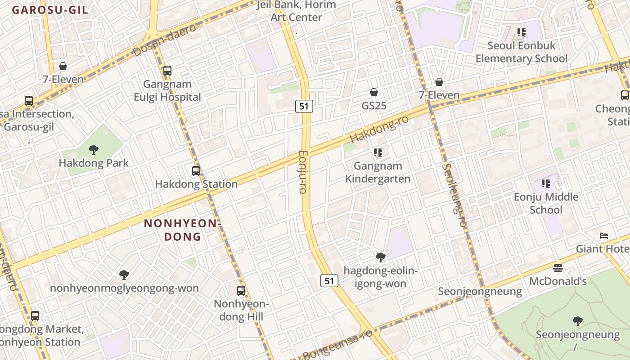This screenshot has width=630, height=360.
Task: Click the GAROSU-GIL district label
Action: (x=50, y=10)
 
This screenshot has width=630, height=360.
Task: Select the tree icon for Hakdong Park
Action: (x=94, y=150)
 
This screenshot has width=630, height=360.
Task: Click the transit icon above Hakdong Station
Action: (x=196, y=171)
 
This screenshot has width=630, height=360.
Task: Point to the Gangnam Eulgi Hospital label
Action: (x=167, y=90)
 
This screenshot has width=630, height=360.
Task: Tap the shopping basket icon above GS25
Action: (x=373, y=93)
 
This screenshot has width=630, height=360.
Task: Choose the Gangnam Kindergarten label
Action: (x=378, y=172)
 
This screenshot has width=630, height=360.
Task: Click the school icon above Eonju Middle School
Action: (x=546, y=184)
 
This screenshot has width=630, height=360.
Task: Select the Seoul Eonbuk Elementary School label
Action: (x=522, y=52)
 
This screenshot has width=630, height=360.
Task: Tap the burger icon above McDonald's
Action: (x=558, y=269)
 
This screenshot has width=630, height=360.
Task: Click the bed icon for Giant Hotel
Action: (x=604, y=236)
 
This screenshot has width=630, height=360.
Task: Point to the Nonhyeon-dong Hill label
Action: (x=241, y=310)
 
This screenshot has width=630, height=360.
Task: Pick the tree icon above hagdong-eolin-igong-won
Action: (x=381, y=257)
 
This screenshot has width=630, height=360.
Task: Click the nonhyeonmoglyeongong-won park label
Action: (x=124, y=288)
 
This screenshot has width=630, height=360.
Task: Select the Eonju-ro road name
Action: (x=303, y=172)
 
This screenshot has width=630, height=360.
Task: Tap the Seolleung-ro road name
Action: (x=454, y=194)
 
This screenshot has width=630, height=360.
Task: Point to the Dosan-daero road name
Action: (x=165, y=40)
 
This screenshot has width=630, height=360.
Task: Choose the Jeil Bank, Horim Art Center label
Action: (x=297, y=11)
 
